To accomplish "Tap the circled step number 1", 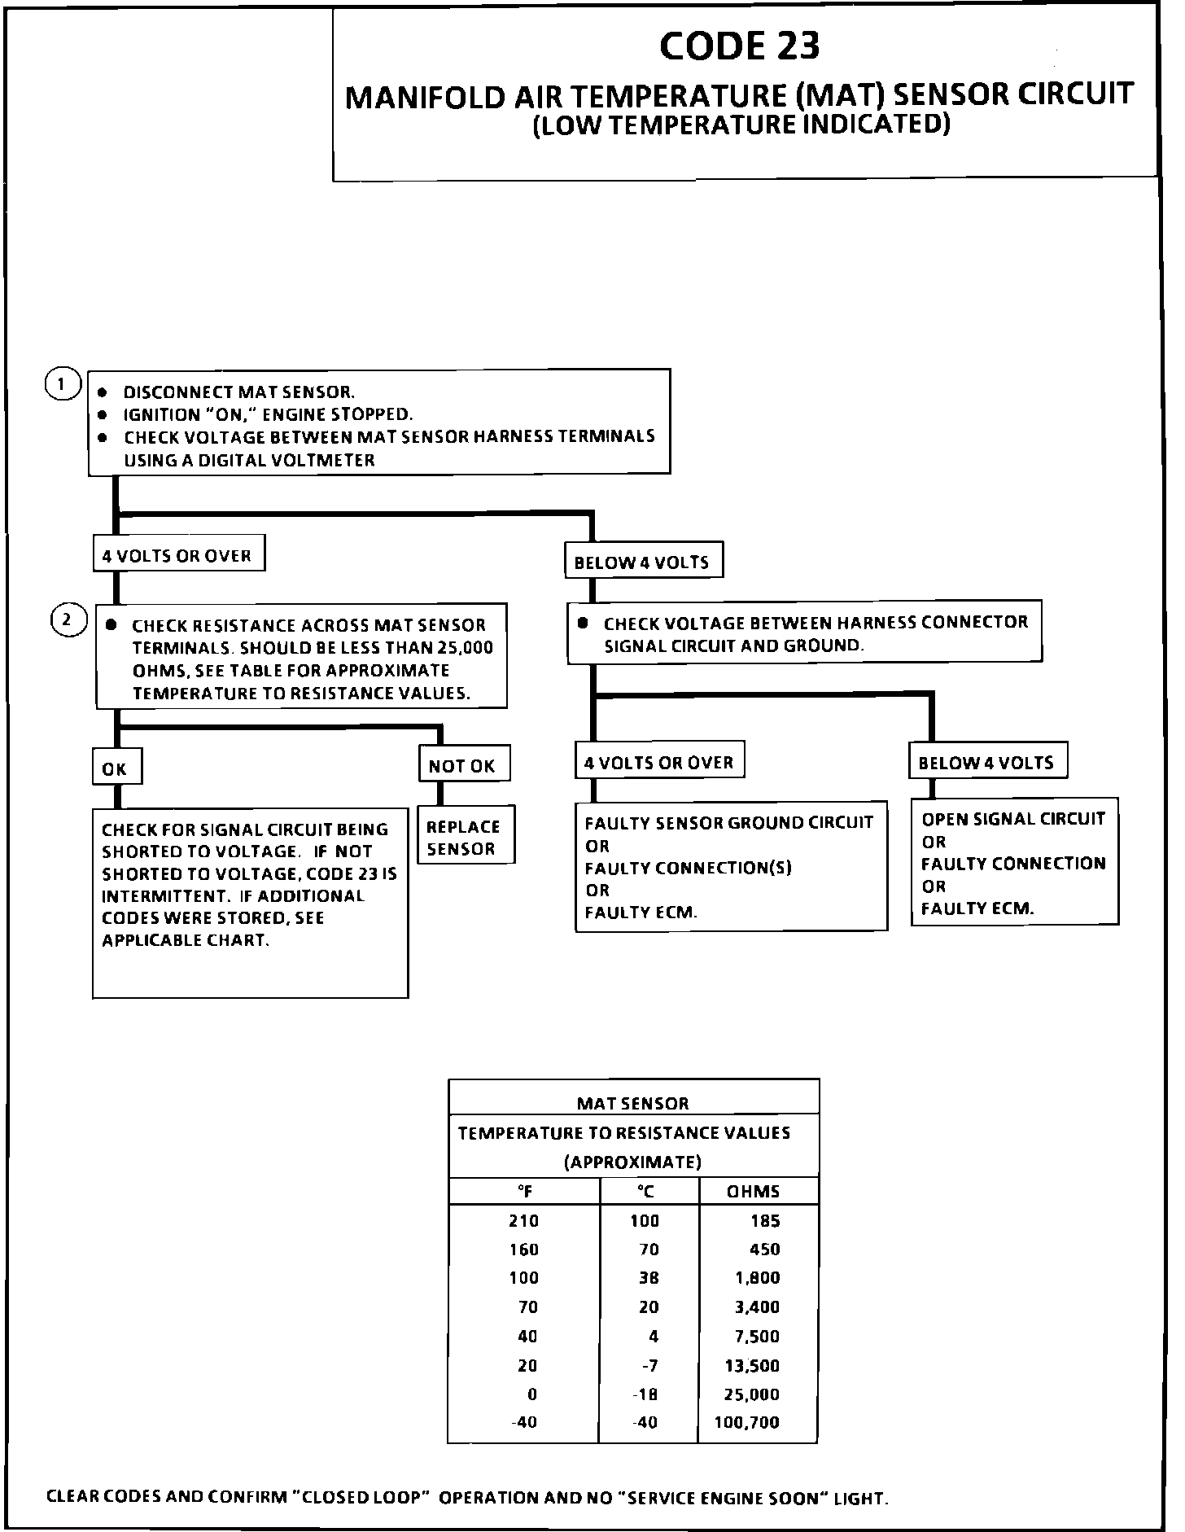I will pos(62,384).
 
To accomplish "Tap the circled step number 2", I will pos(68,620).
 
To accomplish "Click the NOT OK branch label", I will pos(464,765).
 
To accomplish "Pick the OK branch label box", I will pos(116,768).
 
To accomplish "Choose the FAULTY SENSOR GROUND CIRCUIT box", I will pos(730,867).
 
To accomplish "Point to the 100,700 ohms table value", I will pos(746,1422).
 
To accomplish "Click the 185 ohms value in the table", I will pos(765,1221).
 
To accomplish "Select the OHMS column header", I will pos(753,1192).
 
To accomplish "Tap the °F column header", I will pos(525,1192).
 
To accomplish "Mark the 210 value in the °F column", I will pos(524,1221).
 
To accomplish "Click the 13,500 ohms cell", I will pos(753,1365).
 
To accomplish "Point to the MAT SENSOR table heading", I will pos(632,1104).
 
